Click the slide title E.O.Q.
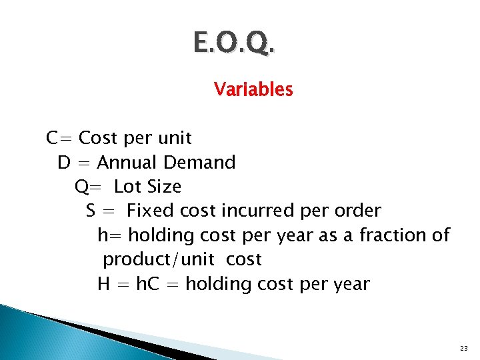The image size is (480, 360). pyautogui.click(x=233, y=43)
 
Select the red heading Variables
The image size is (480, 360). pyautogui.click(x=253, y=89)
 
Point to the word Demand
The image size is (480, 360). pyautogui.click(x=200, y=162)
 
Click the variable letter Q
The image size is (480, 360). pyautogui.click(x=81, y=187)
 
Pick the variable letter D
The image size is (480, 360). pyautogui.click(x=64, y=162)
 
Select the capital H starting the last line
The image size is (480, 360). pyautogui.click(x=103, y=284)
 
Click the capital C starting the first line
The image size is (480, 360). pyautogui.click(x=51, y=138)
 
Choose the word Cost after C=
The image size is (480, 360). pyautogui.click(x=97, y=138)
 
